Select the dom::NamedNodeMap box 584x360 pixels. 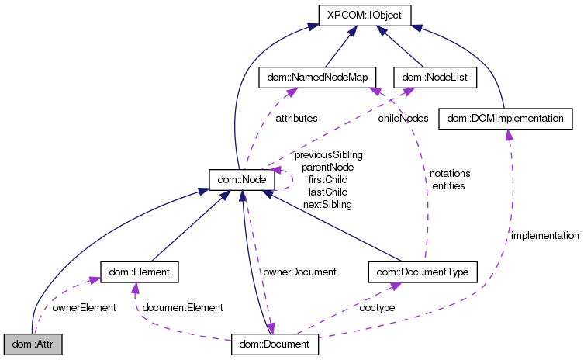316,78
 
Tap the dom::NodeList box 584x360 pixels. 434,78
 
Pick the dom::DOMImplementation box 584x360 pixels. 506,119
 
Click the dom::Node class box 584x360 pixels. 241,180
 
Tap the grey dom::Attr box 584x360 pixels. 32,344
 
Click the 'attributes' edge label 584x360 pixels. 296,119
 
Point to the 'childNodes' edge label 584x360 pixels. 403,119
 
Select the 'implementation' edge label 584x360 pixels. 544,235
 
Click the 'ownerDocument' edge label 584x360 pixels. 299,272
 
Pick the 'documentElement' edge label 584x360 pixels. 184,308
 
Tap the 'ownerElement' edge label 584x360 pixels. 84,308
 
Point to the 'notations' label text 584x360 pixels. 450,173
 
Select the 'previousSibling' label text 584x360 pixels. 329,154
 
